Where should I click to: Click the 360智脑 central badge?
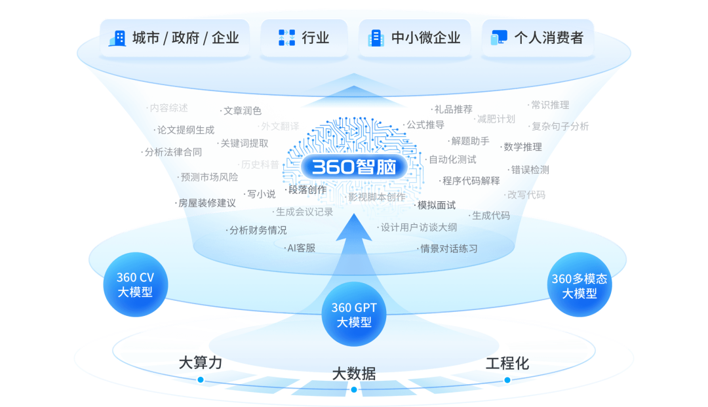354,167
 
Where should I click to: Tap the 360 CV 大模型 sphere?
135,285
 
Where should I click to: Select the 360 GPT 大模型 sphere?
354,315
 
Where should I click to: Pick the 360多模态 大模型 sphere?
580,286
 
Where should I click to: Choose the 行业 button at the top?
305,38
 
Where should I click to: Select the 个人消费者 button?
538,38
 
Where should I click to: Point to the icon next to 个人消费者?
499,38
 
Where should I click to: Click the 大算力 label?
201,363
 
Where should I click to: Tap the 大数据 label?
354,374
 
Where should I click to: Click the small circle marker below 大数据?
354,390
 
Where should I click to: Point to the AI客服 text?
301,248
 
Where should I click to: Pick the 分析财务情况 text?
258,230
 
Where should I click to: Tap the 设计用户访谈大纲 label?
418,227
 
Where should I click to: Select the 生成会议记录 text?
304,212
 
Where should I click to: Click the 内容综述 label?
168,107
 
